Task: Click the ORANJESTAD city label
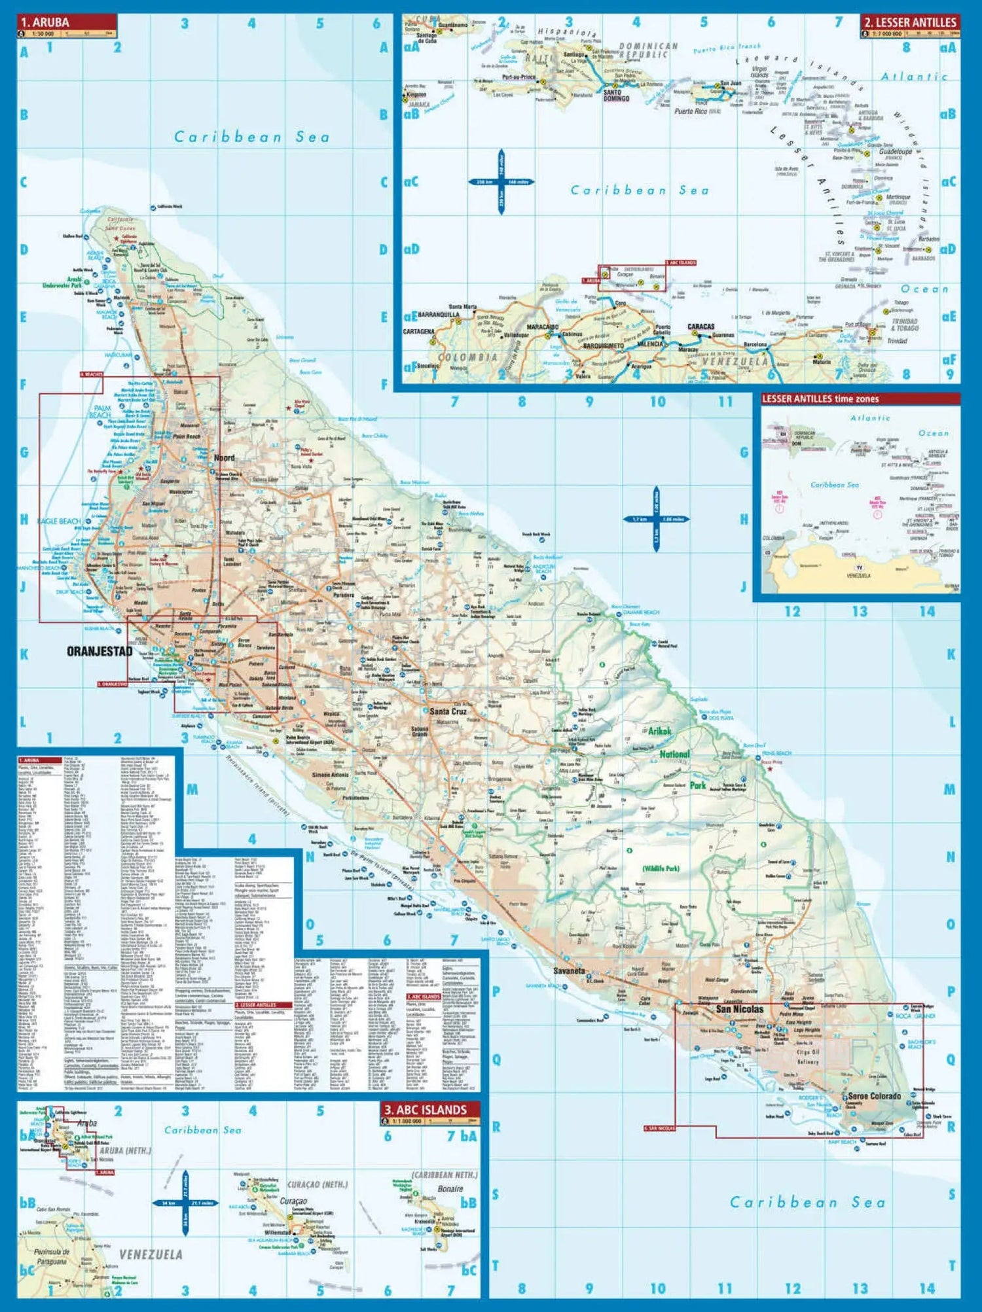[x=100, y=652]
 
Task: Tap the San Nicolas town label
[x=739, y=1009]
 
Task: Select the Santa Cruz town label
[x=448, y=711]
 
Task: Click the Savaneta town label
[x=568, y=971]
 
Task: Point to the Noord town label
[x=224, y=458]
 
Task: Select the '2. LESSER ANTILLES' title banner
[x=910, y=22]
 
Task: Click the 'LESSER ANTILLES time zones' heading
[x=820, y=399]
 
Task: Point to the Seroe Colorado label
[x=874, y=1096]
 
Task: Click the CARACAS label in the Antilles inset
[x=700, y=327]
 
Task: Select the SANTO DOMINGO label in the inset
[x=616, y=96]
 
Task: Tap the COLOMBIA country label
[x=467, y=357]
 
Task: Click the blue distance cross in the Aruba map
[x=656, y=519]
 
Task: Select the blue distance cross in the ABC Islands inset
[x=185, y=1203]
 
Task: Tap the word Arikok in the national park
[x=659, y=731]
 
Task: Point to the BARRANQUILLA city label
[x=439, y=315]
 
